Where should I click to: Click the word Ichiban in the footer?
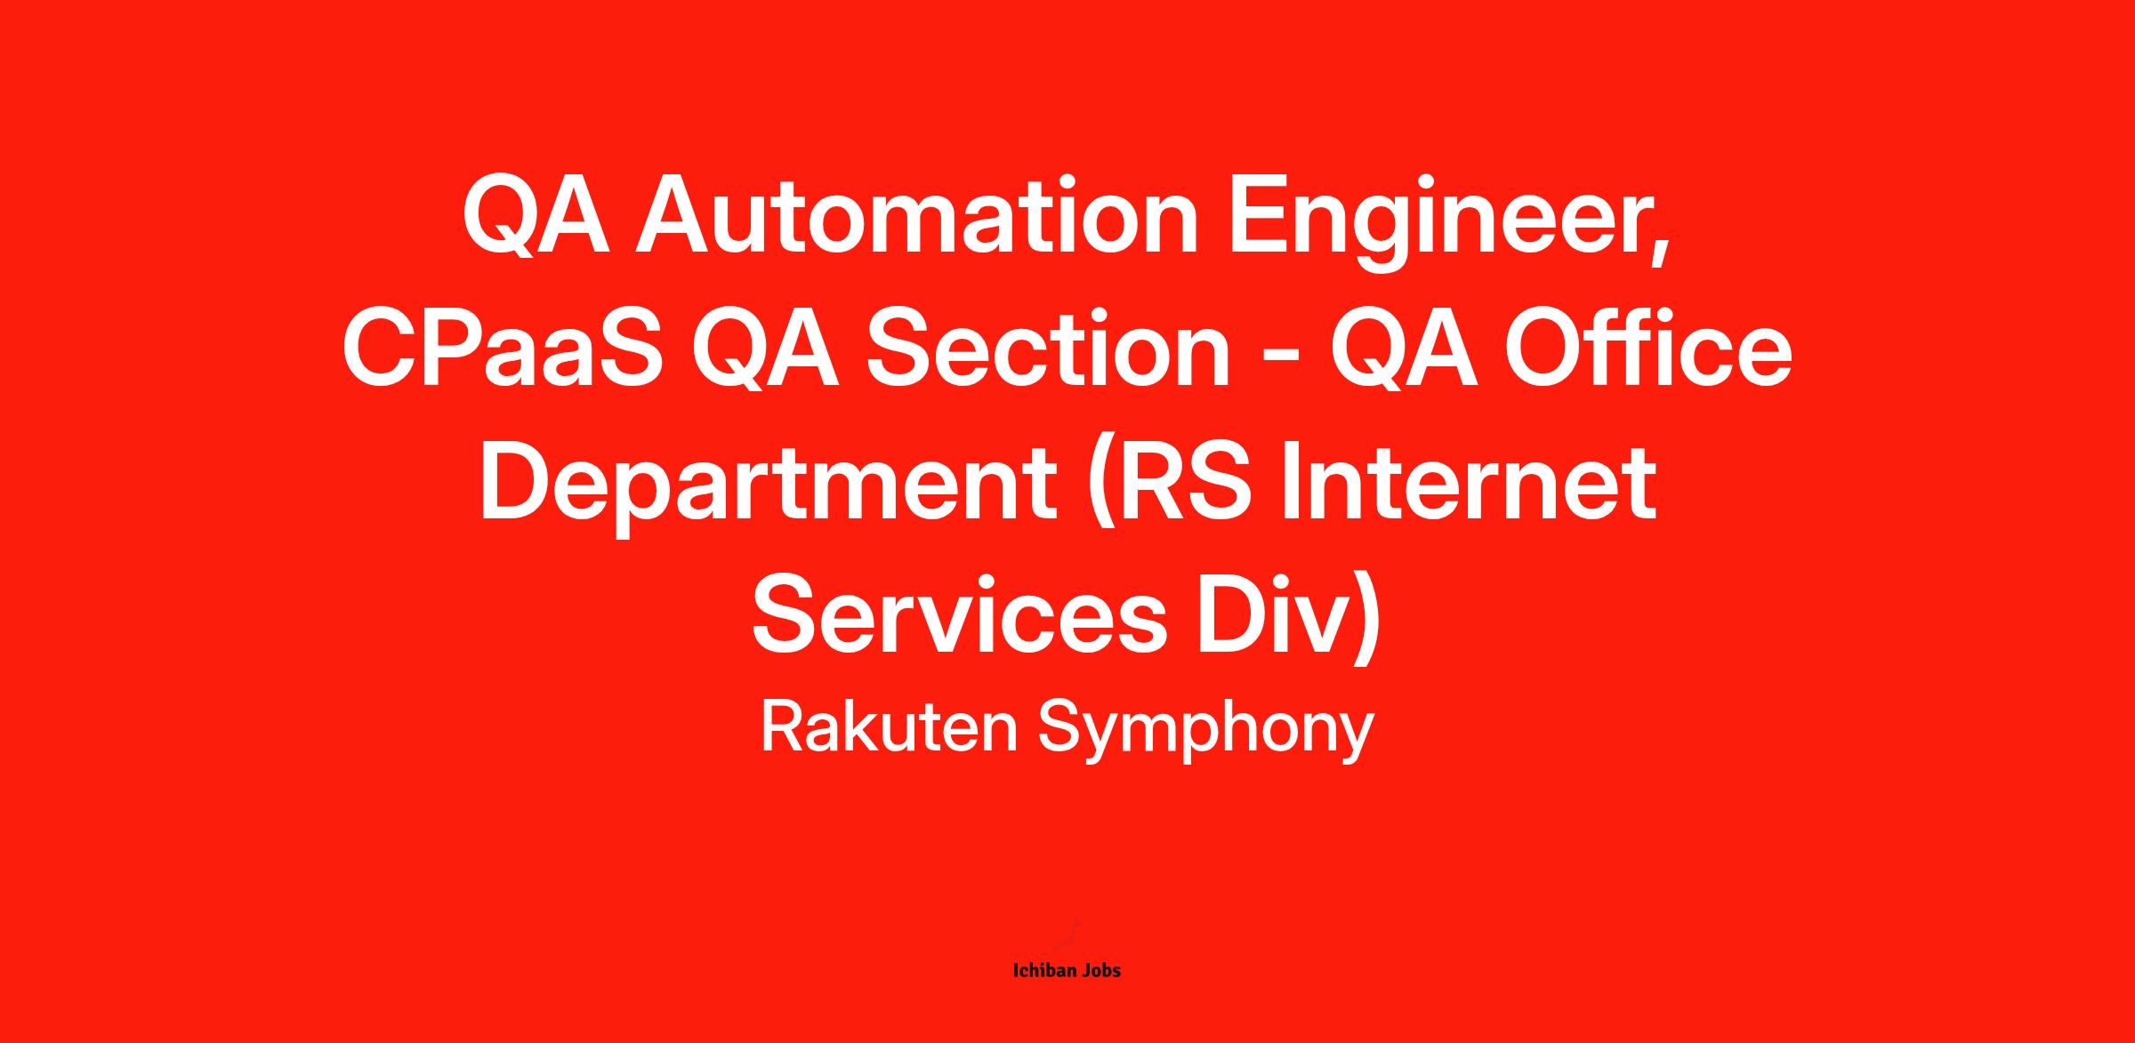coord(1044,971)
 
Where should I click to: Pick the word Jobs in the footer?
coord(1101,971)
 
